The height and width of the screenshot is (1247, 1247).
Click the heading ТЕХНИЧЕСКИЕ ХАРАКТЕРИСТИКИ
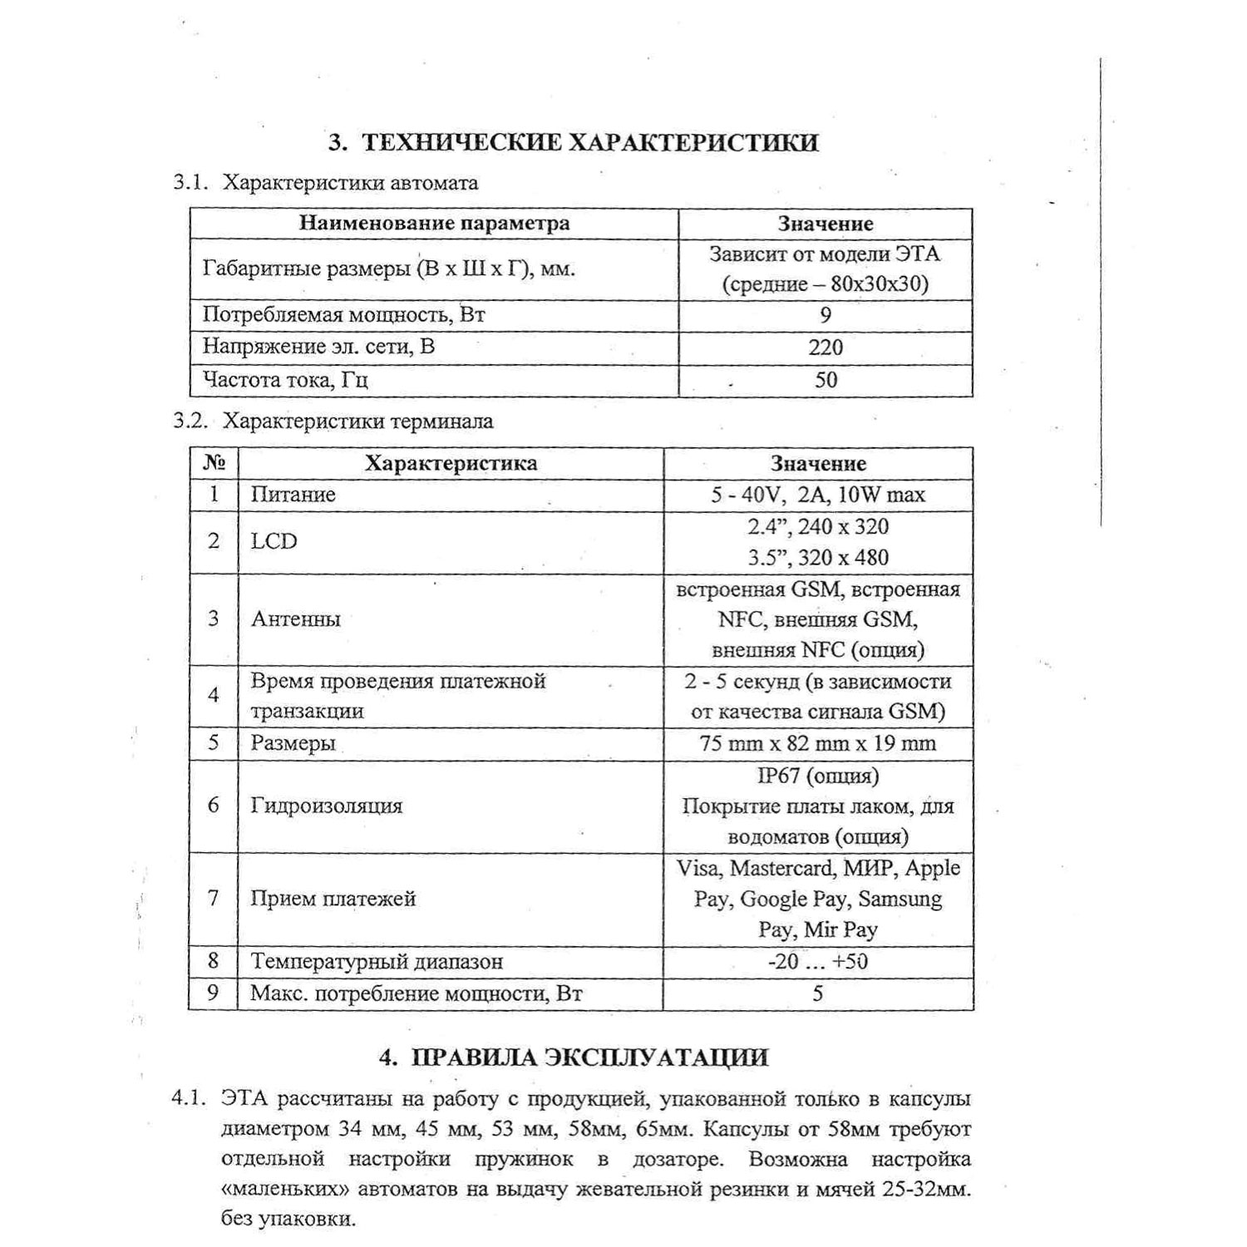click(x=574, y=142)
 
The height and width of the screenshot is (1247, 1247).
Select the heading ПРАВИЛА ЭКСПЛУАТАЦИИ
click(x=574, y=1057)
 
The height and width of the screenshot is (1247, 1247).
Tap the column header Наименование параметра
click(x=434, y=224)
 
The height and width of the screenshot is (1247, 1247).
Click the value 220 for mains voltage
click(x=826, y=347)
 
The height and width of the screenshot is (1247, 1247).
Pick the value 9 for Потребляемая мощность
click(x=826, y=315)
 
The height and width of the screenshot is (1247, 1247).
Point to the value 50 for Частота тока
click(x=826, y=381)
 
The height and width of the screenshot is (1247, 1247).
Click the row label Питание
click(x=293, y=495)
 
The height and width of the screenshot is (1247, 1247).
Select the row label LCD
click(x=274, y=541)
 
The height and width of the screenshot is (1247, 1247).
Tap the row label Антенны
click(x=296, y=619)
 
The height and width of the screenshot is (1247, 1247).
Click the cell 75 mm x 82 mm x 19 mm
click(x=818, y=743)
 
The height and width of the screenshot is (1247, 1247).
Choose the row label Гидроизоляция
click(x=327, y=806)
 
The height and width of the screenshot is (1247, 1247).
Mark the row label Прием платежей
click(x=333, y=899)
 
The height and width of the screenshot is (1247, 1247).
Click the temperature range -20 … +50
click(x=818, y=962)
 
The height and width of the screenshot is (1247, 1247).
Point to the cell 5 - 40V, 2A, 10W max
click(x=818, y=495)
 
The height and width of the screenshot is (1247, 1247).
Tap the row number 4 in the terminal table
click(x=214, y=695)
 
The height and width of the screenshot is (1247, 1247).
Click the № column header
click(x=214, y=463)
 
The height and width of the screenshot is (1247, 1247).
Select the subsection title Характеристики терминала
click(x=358, y=421)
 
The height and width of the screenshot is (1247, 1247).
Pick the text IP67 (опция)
click(x=818, y=776)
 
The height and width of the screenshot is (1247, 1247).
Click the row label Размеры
click(x=293, y=743)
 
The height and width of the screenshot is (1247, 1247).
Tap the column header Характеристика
click(x=451, y=463)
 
